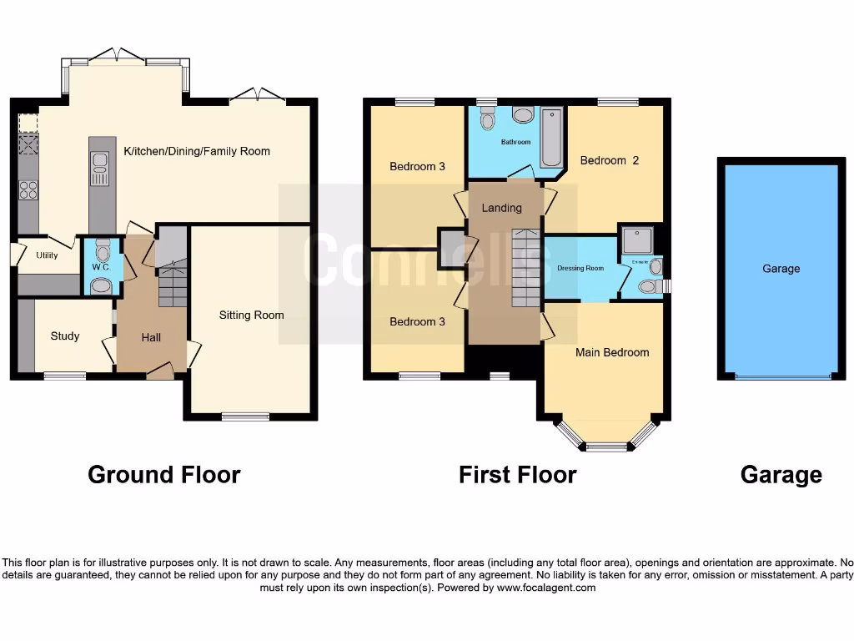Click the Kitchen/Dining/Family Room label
tap(197, 151)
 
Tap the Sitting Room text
tap(251, 315)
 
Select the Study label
tap(65, 336)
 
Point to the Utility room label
tap(48, 255)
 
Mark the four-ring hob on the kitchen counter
tap(28, 190)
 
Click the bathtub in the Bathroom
tap(551, 137)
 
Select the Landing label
tap(502, 208)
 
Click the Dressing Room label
tap(580, 268)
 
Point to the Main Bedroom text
tap(612, 352)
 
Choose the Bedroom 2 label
tap(610, 160)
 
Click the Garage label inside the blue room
tap(781, 269)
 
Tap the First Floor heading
tap(517, 475)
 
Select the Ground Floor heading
tap(164, 475)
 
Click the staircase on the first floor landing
tap(525, 267)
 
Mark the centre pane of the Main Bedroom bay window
tap(606, 447)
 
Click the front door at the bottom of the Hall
tap(160, 372)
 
